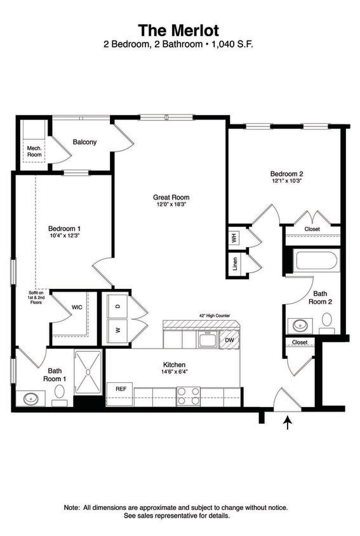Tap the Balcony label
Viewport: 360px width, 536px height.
click(x=84, y=142)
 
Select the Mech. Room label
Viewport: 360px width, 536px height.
click(x=34, y=151)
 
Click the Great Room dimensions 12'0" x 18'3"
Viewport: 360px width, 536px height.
click(x=171, y=205)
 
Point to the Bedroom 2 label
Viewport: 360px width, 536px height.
click(x=286, y=173)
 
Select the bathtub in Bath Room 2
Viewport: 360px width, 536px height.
click(x=316, y=261)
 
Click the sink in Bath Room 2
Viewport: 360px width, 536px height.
click(x=299, y=326)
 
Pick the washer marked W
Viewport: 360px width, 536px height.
click(x=117, y=330)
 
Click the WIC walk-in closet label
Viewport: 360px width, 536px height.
click(x=76, y=307)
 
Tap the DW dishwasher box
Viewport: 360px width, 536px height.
click(x=229, y=340)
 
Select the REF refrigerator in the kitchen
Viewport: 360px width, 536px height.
click(x=119, y=388)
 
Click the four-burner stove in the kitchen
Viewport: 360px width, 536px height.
click(x=188, y=396)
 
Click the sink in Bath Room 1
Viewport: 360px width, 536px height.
click(x=30, y=399)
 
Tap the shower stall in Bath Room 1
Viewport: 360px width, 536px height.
click(x=89, y=372)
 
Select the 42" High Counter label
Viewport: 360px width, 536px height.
click(x=214, y=315)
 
